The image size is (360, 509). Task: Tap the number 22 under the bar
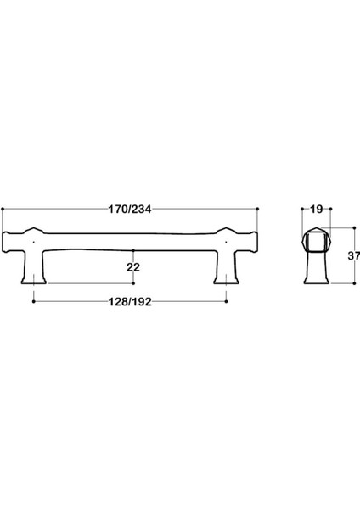133,266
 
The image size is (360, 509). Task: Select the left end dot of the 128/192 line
33,301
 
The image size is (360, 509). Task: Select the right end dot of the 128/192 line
227,301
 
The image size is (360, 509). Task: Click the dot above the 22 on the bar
133,249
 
